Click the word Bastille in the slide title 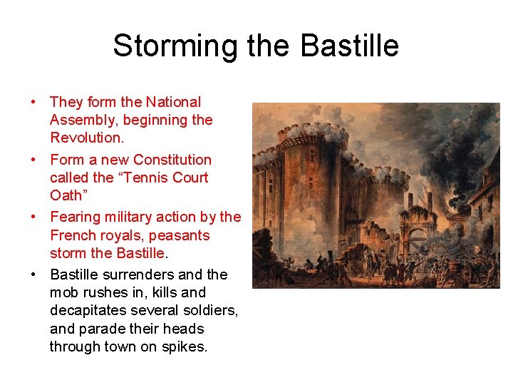350,46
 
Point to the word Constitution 172,160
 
